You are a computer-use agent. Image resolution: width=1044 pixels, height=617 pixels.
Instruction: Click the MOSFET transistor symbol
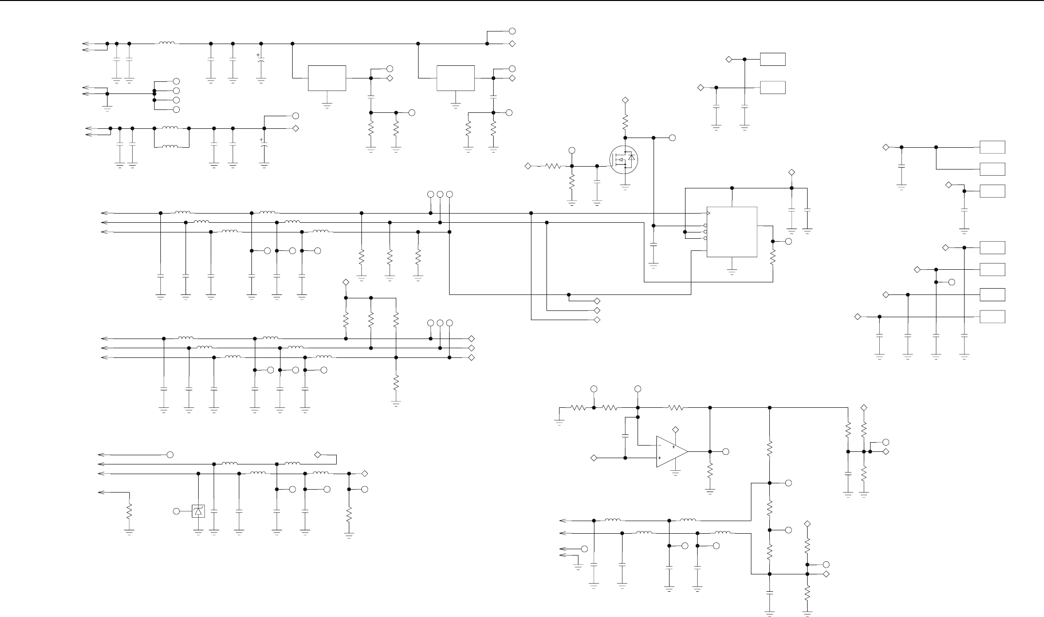[x=623, y=160]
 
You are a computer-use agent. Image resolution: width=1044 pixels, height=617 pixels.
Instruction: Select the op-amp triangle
[x=671, y=451]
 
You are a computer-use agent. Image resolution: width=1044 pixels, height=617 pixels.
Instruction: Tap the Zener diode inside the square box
[x=198, y=511]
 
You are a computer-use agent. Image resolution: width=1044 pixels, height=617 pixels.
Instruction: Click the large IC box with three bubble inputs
[x=732, y=232]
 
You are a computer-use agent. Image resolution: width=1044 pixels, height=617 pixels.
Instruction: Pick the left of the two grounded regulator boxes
[x=327, y=78]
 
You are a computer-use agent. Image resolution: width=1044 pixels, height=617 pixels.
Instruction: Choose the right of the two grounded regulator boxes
[x=455, y=78]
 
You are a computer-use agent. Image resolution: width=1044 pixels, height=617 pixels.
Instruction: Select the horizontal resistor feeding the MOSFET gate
[x=552, y=166]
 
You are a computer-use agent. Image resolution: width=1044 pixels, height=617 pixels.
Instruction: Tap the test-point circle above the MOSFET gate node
[x=572, y=150]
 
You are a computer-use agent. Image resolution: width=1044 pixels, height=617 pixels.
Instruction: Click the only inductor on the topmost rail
[x=167, y=44]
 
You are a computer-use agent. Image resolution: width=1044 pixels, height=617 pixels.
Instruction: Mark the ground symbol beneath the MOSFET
[x=625, y=187]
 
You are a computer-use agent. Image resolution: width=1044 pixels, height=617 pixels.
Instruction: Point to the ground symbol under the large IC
[x=732, y=273]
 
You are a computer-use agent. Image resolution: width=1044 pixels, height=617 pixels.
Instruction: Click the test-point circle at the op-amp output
[x=725, y=451]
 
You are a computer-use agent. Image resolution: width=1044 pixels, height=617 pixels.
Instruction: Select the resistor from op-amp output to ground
[x=710, y=471]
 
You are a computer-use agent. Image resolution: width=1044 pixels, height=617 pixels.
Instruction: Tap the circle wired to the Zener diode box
[x=177, y=511]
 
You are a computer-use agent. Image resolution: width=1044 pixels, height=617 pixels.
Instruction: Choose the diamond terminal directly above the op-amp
[x=676, y=430]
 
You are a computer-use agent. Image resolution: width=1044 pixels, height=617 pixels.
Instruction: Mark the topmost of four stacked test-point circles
[x=176, y=81]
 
